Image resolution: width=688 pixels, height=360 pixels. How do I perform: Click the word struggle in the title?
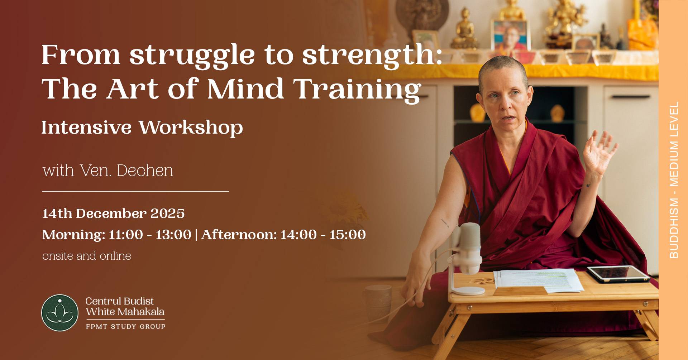click(x=192, y=56)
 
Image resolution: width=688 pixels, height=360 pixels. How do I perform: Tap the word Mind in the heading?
click(x=245, y=89)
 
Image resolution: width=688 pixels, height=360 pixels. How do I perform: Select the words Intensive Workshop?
click(x=142, y=128)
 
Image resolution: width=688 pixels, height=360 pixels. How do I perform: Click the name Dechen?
click(x=145, y=171)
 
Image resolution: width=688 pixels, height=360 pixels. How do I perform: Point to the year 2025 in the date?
click(x=167, y=213)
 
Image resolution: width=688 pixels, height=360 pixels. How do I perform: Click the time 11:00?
click(x=125, y=235)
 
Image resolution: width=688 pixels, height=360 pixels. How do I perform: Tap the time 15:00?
click(x=347, y=235)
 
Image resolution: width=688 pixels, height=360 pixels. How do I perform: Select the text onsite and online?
click(x=87, y=256)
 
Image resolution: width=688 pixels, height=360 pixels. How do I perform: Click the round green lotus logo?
click(x=60, y=313)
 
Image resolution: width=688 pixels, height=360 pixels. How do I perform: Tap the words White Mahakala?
click(x=125, y=312)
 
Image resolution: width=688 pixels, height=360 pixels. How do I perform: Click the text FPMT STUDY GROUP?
click(x=125, y=326)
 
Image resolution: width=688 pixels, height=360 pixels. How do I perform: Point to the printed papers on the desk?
click(x=537, y=279)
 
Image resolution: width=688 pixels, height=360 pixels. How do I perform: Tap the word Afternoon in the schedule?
click(x=239, y=235)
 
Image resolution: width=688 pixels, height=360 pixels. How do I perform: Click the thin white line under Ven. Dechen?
click(x=135, y=191)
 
